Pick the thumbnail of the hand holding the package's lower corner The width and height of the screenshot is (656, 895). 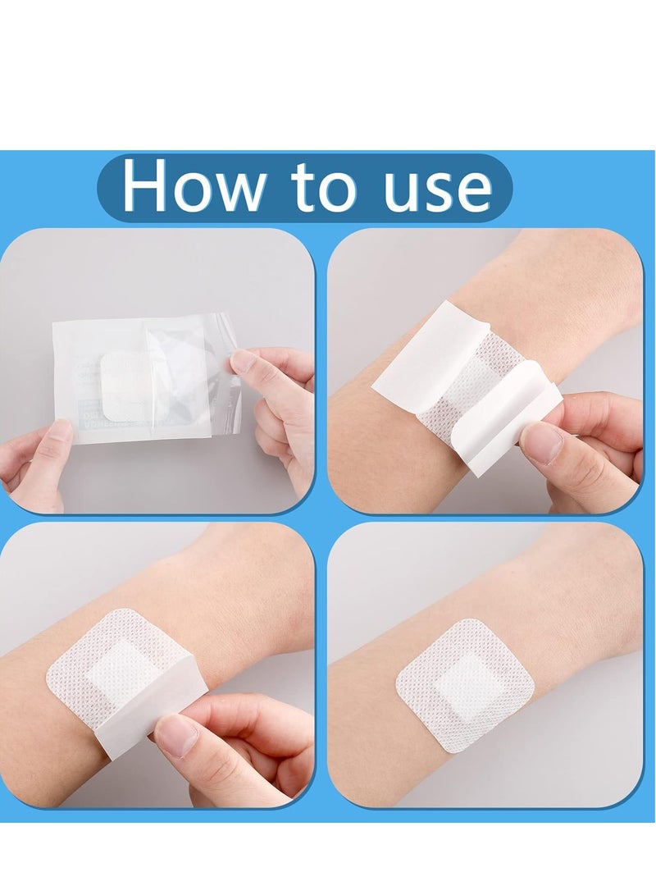59,435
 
